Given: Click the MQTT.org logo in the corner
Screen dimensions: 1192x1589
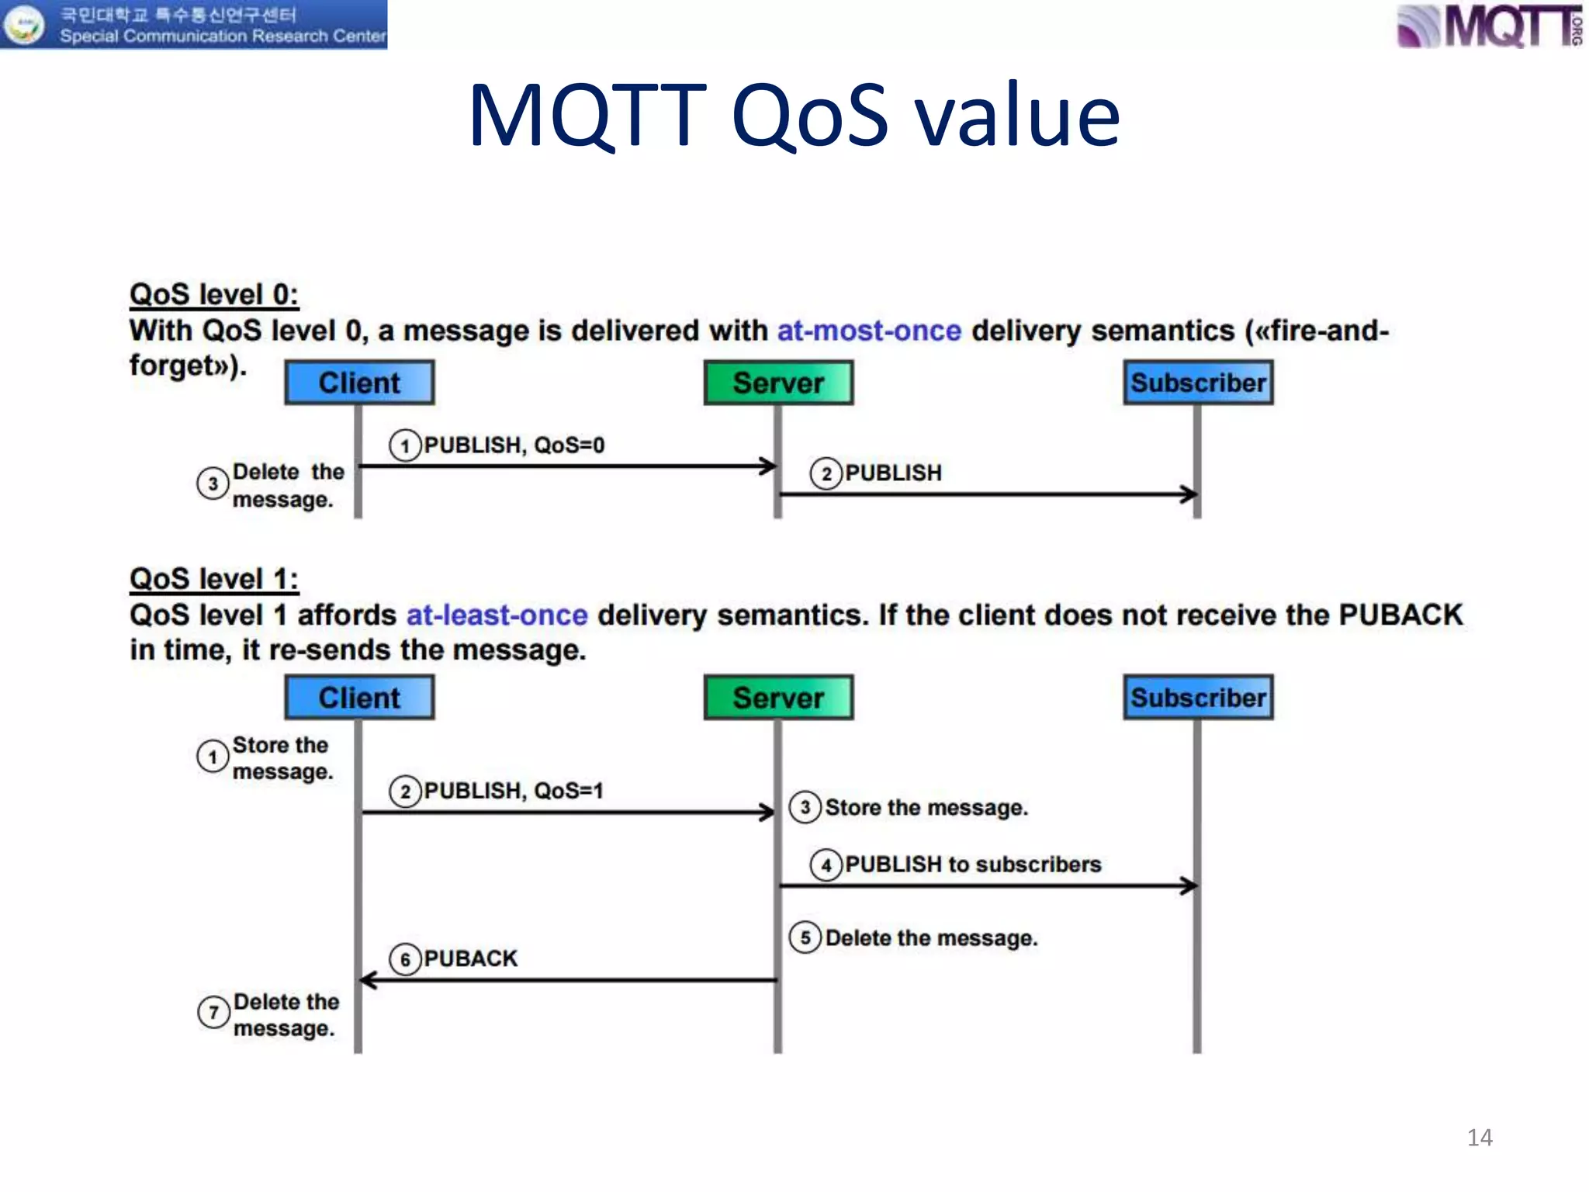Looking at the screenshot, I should tap(1488, 26).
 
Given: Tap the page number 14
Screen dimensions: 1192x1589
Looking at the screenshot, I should tap(1479, 1138).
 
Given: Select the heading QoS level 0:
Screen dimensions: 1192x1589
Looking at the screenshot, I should tap(214, 295).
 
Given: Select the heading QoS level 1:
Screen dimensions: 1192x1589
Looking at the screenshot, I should tap(214, 579).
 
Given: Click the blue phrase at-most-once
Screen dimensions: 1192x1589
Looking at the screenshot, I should tap(869, 331).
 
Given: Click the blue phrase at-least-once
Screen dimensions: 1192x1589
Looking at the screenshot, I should tap(497, 615).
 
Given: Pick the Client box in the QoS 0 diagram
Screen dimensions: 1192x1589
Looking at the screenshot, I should tap(359, 383).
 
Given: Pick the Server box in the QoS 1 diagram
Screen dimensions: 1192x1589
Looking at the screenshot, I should tap(778, 698).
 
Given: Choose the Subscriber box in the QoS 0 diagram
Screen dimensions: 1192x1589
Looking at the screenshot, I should tap(1198, 383).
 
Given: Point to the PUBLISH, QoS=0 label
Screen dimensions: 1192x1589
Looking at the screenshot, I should tap(514, 445).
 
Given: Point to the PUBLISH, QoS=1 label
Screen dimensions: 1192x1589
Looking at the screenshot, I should tap(513, 791).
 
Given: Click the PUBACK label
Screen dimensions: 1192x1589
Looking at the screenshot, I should tap(470, 959).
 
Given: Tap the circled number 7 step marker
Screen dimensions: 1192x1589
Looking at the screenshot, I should tap(213, 1013).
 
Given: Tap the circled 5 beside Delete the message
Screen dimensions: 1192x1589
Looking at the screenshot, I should tap(805, 937).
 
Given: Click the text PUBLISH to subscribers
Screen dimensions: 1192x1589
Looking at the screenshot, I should tap(972, 865).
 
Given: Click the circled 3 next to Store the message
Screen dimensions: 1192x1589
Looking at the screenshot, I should tap(805, 807).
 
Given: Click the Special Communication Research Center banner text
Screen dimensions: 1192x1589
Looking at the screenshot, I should tap(223, 36).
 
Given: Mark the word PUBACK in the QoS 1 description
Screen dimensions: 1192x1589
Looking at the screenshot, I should tap(1400, 615).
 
